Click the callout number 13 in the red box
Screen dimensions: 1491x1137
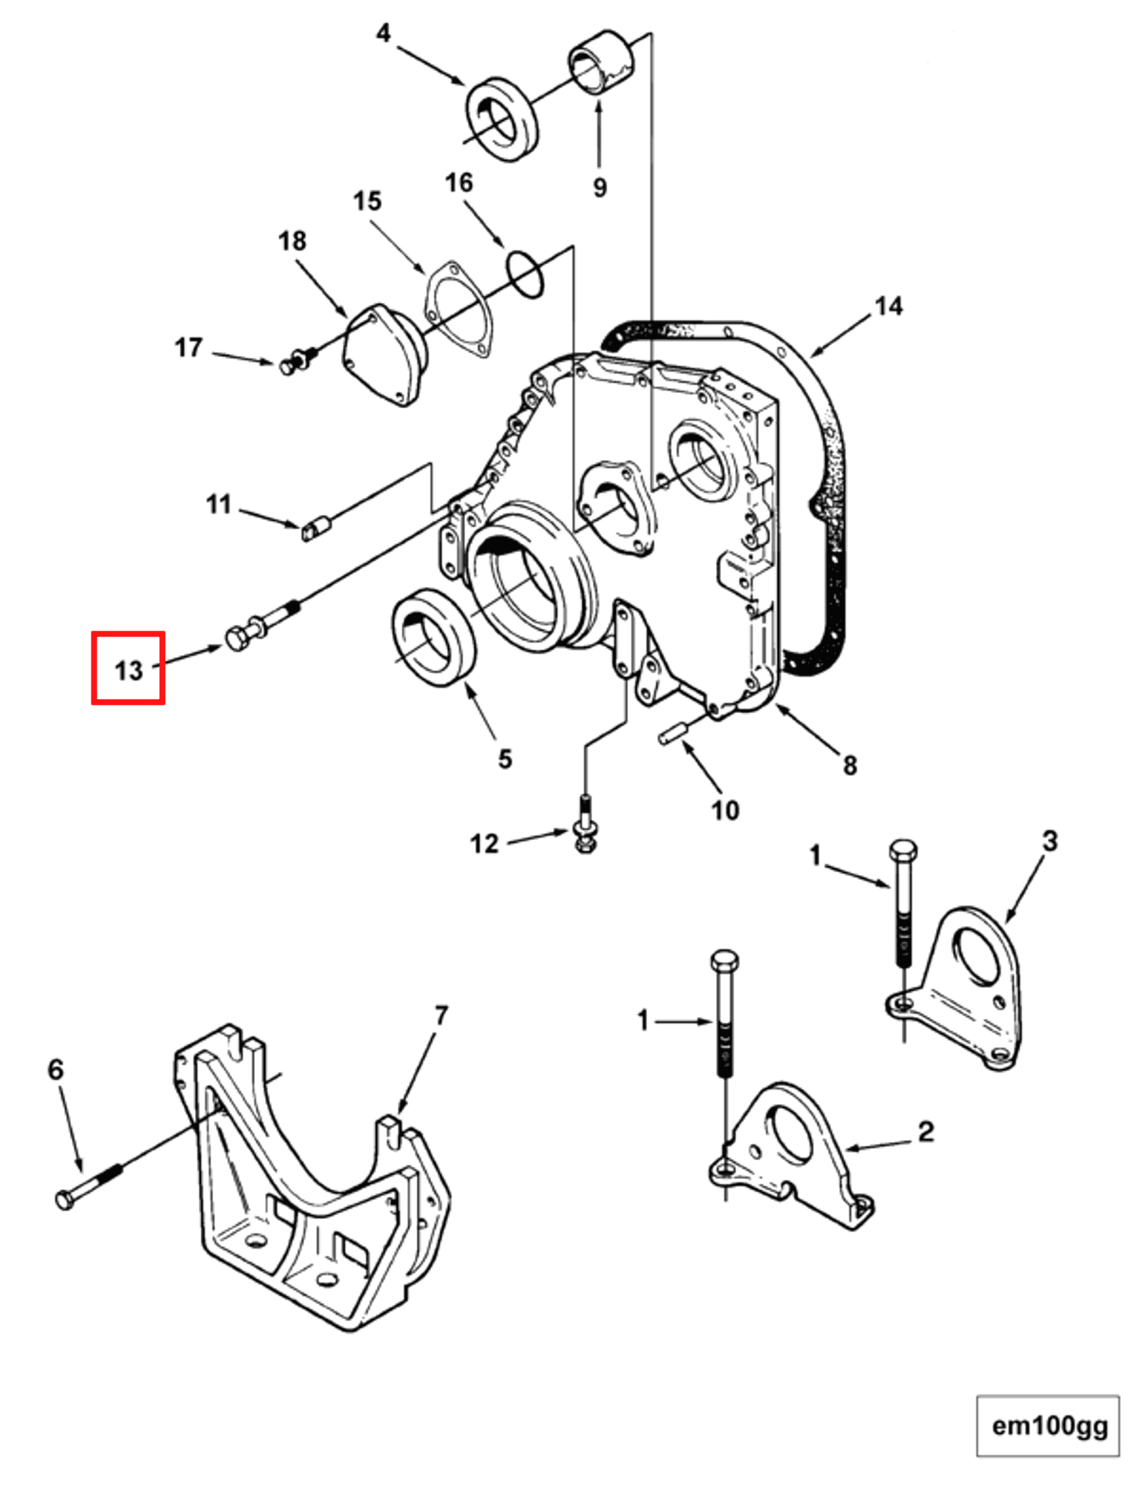click(x=129, y=670)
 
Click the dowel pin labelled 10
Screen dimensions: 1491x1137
click(x=673, y=734)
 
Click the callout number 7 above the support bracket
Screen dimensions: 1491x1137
click(x=441, y=1015)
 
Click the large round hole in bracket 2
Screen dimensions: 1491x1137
click(x=790, y=1132)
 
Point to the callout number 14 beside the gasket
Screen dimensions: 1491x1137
click(x=889, y=306)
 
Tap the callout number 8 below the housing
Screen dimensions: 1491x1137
click(x=850, y=765)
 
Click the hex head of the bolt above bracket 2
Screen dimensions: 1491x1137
click(x=725, y=960)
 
